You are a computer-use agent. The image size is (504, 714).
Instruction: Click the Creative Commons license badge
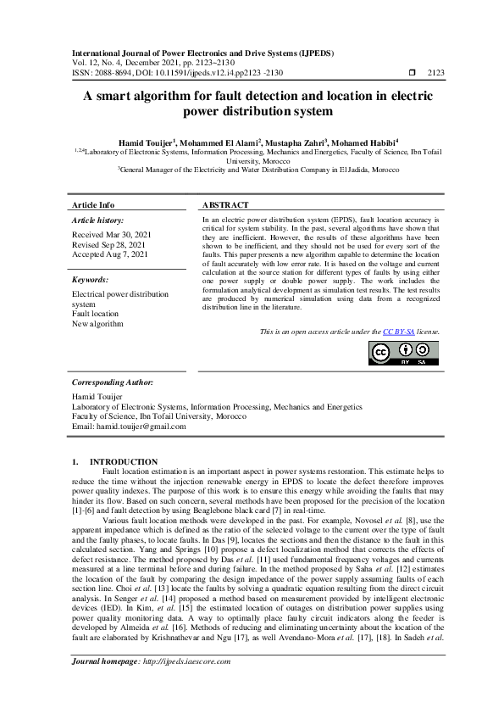[x=404, y=353]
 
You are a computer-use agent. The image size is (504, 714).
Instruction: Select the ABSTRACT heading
[x=225, y=206]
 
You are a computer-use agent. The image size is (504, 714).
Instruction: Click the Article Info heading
[x=93, y=206]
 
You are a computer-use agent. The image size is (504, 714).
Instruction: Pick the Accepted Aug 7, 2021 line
[x=109, y=254]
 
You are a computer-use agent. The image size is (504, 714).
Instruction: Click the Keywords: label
[x=91, y=279]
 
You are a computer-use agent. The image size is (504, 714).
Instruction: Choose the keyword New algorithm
[x=97, y=324]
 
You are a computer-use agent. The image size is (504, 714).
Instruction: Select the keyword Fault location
[x=95, y=314]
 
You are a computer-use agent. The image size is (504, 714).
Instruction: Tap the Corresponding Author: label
[x=112, y=383]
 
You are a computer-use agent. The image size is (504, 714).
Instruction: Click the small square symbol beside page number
[x=413, y=73]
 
